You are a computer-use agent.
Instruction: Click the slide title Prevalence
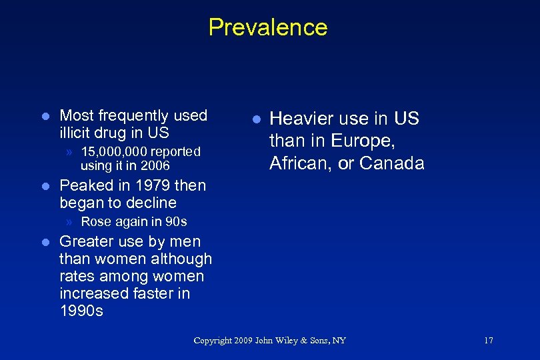pos(268,27)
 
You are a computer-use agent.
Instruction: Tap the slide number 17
pos(488,341)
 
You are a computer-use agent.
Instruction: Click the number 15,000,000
pos(115,152)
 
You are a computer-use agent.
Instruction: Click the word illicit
pos(78,133)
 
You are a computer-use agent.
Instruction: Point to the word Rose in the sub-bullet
pos(95,221)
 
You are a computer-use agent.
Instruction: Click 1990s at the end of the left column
pos(81,311)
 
